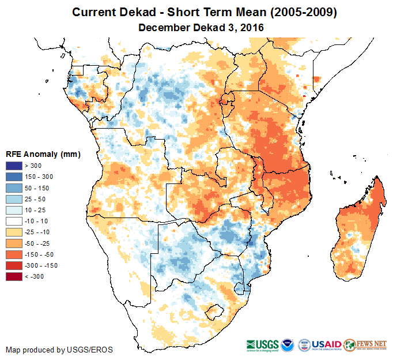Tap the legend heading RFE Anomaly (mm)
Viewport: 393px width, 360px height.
(x=43, y=154)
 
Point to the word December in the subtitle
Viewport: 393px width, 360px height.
(x=163, y=27)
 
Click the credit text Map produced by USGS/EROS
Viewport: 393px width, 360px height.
(x=59, y=350)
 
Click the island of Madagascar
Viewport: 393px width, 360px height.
(x=357, y=231)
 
